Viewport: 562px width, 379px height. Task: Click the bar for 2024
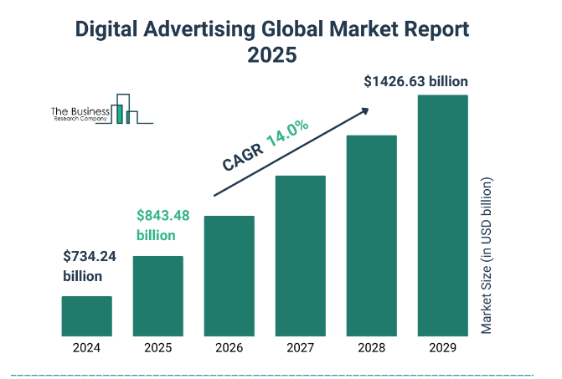click(86, 315)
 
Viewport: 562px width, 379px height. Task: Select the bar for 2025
click(157, 295)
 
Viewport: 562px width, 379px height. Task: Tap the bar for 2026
click(229, 275)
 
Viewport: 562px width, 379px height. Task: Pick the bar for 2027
click(300, 255)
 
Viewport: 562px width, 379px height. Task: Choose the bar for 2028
click(371, 235)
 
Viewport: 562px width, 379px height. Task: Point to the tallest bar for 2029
click(442, 215)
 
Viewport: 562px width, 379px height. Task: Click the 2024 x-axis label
click(86, 348)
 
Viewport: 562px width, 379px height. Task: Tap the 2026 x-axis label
click(229, 348)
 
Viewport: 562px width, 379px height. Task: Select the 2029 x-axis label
click(442, 348)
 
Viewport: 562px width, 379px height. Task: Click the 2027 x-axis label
click(300, 348)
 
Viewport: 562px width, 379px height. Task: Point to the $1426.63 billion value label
click(415, 81)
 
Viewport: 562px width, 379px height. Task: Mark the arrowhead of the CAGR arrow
click(365, 109)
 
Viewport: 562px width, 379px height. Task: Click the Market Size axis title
click(487, 255)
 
